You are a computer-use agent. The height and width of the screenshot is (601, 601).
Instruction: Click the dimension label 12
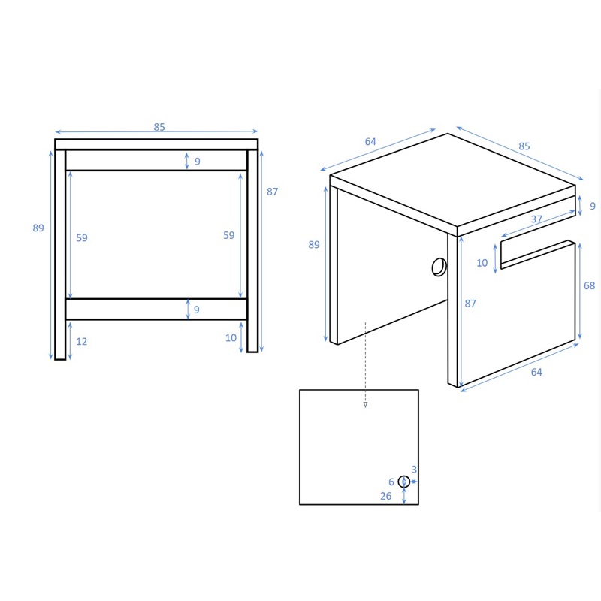click(x=82, y=341)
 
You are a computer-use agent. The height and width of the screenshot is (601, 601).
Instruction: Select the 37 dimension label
click(x=536, y=219)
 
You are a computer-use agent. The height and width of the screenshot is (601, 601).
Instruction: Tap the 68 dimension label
click(x=589, y=285)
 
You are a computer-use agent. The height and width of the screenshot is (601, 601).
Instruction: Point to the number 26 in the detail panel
click(x=386, y=496)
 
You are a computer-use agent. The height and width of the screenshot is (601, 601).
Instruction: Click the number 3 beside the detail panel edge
click(x=414, y=469)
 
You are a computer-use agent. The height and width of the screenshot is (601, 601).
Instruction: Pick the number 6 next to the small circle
click(x=391, y=482)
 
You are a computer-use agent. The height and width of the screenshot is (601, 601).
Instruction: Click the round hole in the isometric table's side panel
click(x=439, y=267)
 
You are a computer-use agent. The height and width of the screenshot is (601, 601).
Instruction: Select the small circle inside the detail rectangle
click(x=404, y=482)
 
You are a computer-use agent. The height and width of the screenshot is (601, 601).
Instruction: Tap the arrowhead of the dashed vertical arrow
click(x=365, y=405)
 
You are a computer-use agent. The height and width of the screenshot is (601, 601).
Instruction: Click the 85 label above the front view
click(x=159, y=127)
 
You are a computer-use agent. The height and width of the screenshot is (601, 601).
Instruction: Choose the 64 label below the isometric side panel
click(x=536, y=372)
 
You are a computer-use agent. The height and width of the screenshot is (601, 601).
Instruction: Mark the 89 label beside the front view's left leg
click(x=38, y=228)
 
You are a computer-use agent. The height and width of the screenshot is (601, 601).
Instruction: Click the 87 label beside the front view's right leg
click(x=272, y=192)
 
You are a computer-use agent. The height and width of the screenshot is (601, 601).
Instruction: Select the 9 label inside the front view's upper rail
click(x=198, y=161)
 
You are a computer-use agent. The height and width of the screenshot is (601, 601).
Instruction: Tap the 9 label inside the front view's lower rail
click(x=197, y=310)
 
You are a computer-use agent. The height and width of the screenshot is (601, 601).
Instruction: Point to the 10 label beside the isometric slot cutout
click(x=482, y=262)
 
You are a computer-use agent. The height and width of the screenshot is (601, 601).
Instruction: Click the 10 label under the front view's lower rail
click(x=231, y=337)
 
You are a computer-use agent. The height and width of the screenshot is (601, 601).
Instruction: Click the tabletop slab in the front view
click(x=156, y=144)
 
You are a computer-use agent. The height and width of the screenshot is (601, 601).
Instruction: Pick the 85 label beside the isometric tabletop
click(x=524, y=146)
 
